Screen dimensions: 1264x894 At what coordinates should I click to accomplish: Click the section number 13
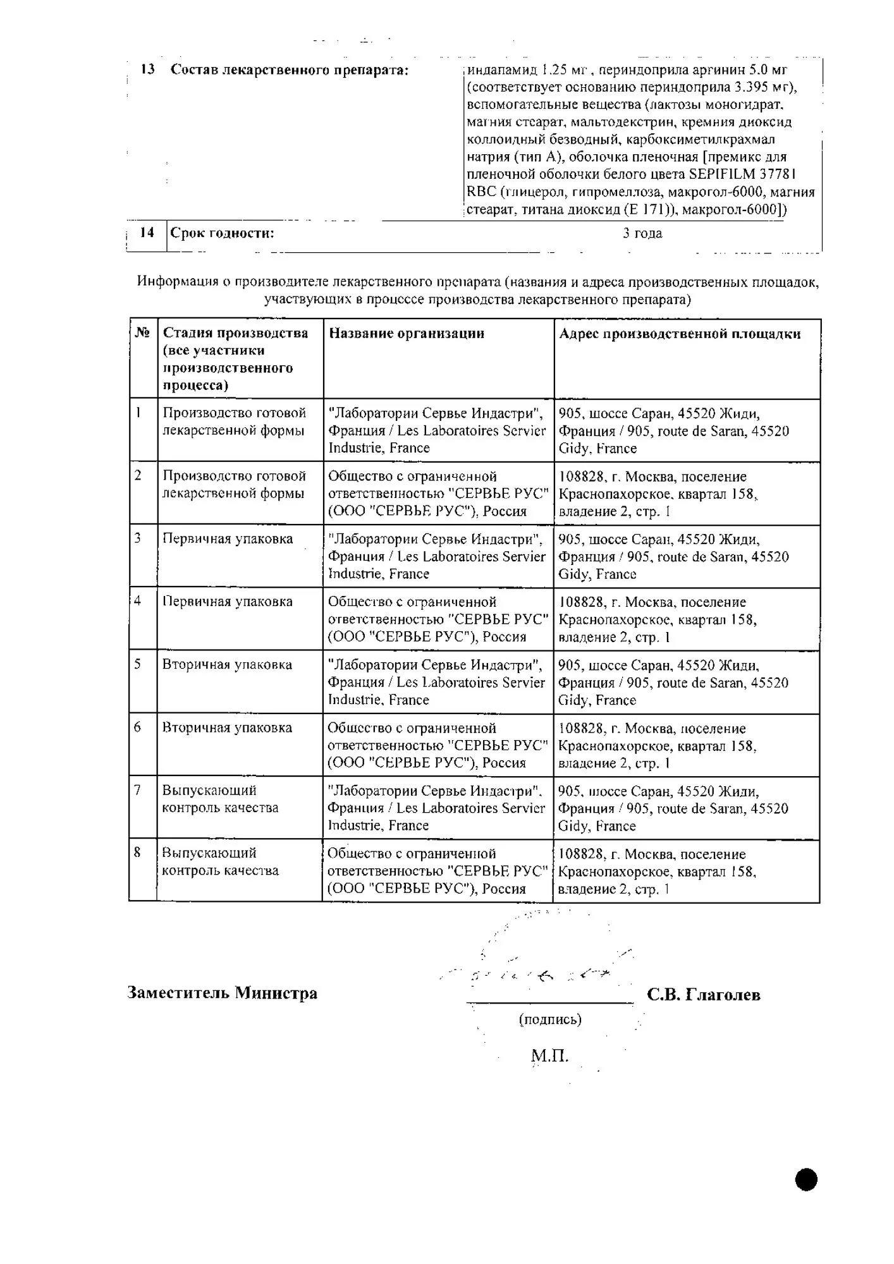(147, 70)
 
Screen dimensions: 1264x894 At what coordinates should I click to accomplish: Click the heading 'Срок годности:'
(222, 233)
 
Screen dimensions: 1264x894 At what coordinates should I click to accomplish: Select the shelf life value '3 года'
(642, 233)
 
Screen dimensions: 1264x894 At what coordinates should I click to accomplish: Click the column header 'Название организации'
(407, 334)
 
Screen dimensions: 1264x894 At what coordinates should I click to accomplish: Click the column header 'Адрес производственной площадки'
(680, 334)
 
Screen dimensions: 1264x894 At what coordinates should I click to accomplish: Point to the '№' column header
(143, 332)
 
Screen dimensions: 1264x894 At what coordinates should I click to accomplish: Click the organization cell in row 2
(438, 494)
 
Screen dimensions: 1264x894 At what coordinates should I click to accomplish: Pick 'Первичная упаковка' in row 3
(228, 539)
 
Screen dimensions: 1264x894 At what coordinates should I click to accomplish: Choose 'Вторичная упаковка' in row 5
(227, 665)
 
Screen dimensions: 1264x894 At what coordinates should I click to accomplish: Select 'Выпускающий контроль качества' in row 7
(220, 799)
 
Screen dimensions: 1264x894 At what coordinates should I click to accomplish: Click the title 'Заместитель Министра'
(223, 994)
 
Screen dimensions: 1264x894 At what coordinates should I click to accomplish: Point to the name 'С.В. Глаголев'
(703, 995)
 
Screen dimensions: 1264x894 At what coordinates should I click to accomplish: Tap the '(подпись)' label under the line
(550, 1019)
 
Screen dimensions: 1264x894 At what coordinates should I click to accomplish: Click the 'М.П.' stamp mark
(549, 1055)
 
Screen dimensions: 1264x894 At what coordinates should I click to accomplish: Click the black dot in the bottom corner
(806, 1179)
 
